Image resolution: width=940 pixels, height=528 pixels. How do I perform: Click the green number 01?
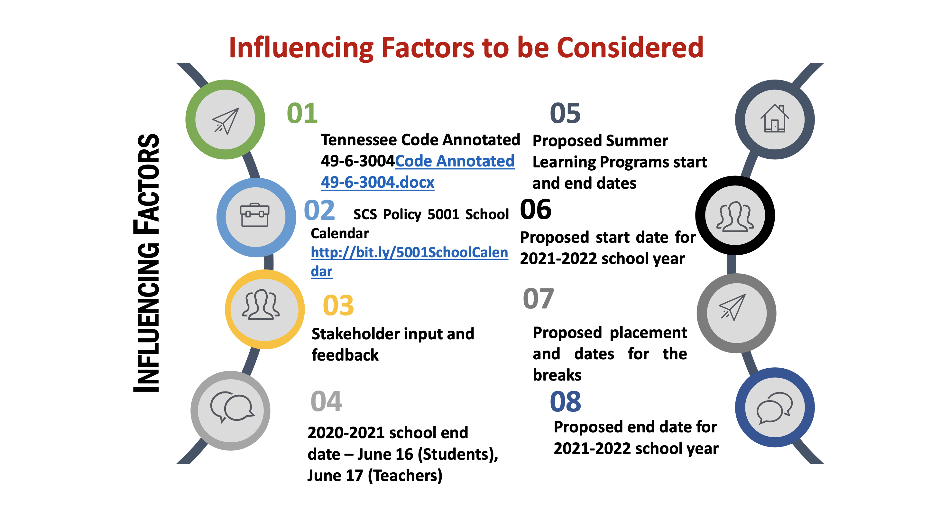(302, 113)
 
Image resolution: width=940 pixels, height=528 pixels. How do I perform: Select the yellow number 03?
(338, 306)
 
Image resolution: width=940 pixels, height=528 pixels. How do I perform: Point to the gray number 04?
(326, 401)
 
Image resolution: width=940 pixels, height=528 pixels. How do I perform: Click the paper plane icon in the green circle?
(226, 121)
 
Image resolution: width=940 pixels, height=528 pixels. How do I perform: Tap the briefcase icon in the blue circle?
(255, 215)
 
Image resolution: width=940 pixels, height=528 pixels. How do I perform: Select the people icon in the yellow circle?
(261, 305)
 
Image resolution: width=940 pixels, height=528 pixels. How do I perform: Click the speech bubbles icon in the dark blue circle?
(774, 408)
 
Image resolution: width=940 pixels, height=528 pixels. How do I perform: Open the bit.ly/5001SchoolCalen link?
(409, 252)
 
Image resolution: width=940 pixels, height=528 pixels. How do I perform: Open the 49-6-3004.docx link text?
(378, 182)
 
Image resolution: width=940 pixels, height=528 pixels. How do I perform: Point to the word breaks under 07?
(557, 375)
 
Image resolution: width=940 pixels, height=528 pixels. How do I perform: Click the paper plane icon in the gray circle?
(732, 307)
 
